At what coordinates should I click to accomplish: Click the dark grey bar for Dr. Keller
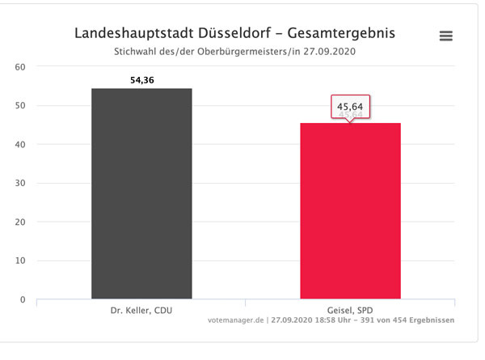pyautogui.click(x=141, y=194)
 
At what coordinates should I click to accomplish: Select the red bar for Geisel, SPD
pyautogui.click(x=350, y=212)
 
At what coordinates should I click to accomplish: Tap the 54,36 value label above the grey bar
pyautogui.click(x=141, y=79)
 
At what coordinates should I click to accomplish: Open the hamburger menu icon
pyautogui.click(x=445, y=36)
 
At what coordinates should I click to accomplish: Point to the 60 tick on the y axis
pyautogui.click(x=20, y=67)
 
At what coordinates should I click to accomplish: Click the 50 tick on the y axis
pyautogui.click(x=20, y=106)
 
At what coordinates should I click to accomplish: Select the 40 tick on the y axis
pyautogui.click(x=20, y=145)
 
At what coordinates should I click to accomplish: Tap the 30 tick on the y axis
pyautogui.click(x=20, y=184)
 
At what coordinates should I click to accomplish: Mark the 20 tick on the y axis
pyautogui.click(x=20, y=222)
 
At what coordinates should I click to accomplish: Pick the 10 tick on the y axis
pyautogui.click(x=20, y=261)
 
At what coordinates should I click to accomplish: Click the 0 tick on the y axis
pyautogui.click(x=23, y=300)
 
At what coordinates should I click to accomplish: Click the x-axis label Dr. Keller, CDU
pyautogui.click(x=141, y=310)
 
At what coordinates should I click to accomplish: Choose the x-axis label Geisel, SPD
pyautogui.click(x=350, y=310)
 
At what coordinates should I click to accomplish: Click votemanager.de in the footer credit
pyautogui.click(x=238, y=320)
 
